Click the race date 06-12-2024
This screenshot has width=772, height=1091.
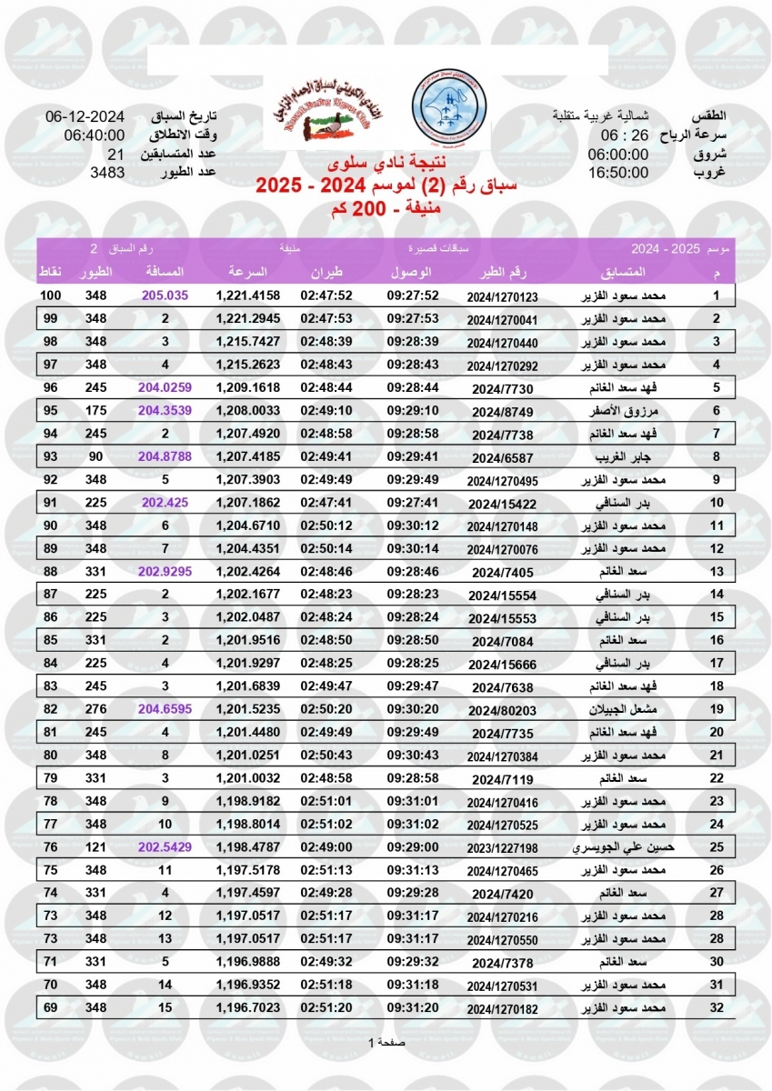(x=85, y=117)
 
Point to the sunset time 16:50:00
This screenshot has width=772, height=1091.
(x=618, y=171)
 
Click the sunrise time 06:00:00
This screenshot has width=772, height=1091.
(x=618, y=154)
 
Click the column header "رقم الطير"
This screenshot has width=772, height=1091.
(x=503, y=273)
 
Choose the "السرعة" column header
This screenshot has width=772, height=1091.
(x=247, y=273)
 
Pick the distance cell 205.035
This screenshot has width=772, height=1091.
(x=165, y=296)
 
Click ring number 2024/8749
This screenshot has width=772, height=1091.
(x=503, y=411)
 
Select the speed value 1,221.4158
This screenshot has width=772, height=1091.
(x=247, y=296)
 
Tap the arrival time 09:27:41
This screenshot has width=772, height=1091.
(x=414, y=502)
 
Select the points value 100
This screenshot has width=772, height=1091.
(x=50, y=296)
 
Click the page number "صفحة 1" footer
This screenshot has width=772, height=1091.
(x=386, y=1042)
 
